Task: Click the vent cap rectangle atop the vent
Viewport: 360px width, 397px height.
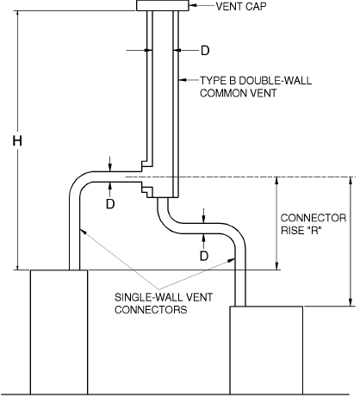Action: tap(161, 7)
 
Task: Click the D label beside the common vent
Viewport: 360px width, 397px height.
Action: tap(204, 50)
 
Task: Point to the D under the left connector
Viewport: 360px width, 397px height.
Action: tap(110, 204)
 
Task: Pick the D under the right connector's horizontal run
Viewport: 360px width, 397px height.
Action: tap(204, 256)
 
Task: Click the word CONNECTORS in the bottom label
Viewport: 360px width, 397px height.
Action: tap(151, 309)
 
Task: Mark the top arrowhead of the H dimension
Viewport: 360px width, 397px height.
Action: tap(16, 18)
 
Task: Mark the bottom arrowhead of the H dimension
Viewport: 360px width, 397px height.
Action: tap(16, 264)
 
